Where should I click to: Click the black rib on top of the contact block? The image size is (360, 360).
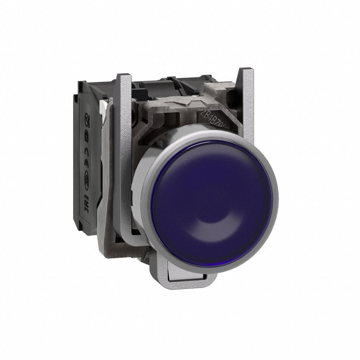pyautogui.click(x=155, y=84)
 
